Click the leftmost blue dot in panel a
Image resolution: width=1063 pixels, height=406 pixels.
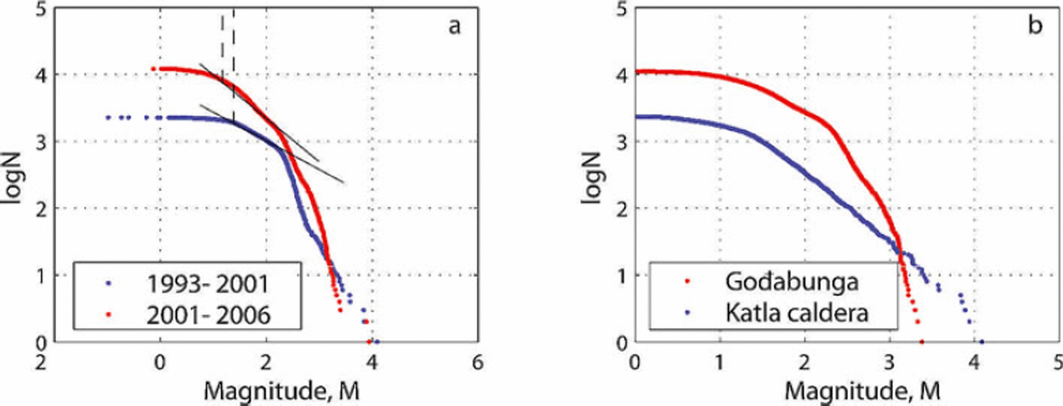[x=108, y=118]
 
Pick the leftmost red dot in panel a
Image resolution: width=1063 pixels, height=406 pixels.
[x=154, y=69]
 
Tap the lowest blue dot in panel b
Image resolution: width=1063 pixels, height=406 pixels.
[x=981, y=341]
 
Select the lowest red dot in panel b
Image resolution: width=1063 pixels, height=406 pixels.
[x=922, y=341]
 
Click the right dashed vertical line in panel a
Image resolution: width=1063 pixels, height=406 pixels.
[x=233, y=65]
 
